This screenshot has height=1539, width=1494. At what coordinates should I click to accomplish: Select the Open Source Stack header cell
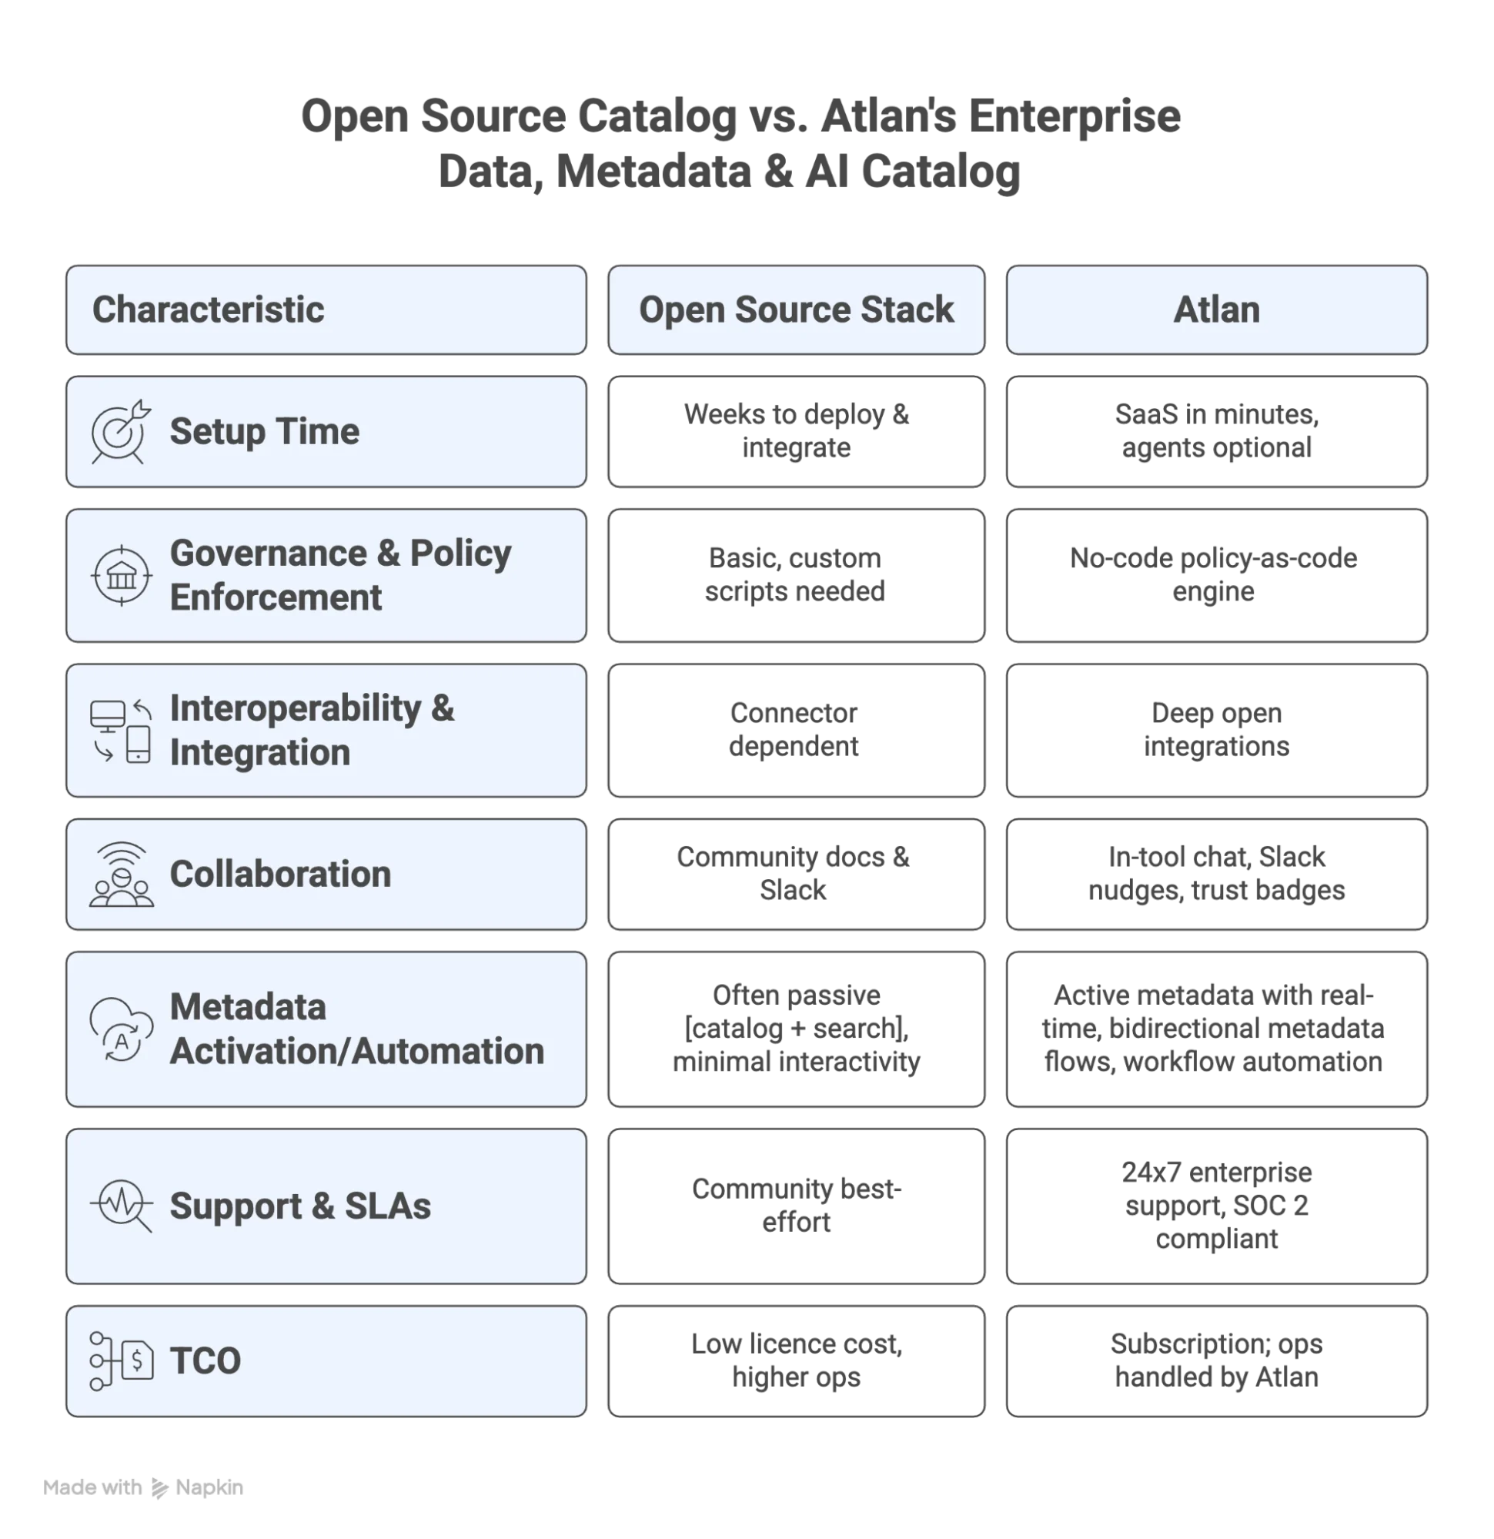tap(795, 309)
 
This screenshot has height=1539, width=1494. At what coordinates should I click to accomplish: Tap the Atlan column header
tap(1215, 309)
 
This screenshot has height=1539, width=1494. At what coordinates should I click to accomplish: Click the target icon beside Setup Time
tap(120, 432)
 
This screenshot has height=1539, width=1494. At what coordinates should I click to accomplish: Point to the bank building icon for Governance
tap(121, 577)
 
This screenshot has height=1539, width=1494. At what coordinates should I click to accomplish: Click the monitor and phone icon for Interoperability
tap(120, 731)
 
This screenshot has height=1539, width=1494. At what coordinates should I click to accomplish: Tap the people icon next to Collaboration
tap(121, 875)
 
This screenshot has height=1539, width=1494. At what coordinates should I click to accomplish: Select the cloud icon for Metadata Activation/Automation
tap(120, 1029)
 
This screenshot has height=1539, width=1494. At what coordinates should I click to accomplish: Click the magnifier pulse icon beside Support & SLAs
tap(122, 1206)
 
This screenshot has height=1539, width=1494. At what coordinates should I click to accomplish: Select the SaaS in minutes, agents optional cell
tap(1215, 431)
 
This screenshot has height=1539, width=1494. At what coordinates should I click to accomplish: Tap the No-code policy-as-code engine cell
tap(1215, 576)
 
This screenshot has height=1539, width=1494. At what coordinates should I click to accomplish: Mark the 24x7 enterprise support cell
tap(1215, 1206)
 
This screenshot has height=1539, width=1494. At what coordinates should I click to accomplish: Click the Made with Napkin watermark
tap(145, 1487)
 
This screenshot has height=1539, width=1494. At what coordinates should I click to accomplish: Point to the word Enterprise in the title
tap(1072, 116)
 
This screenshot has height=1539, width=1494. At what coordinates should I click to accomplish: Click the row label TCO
tap(206, 1360)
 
